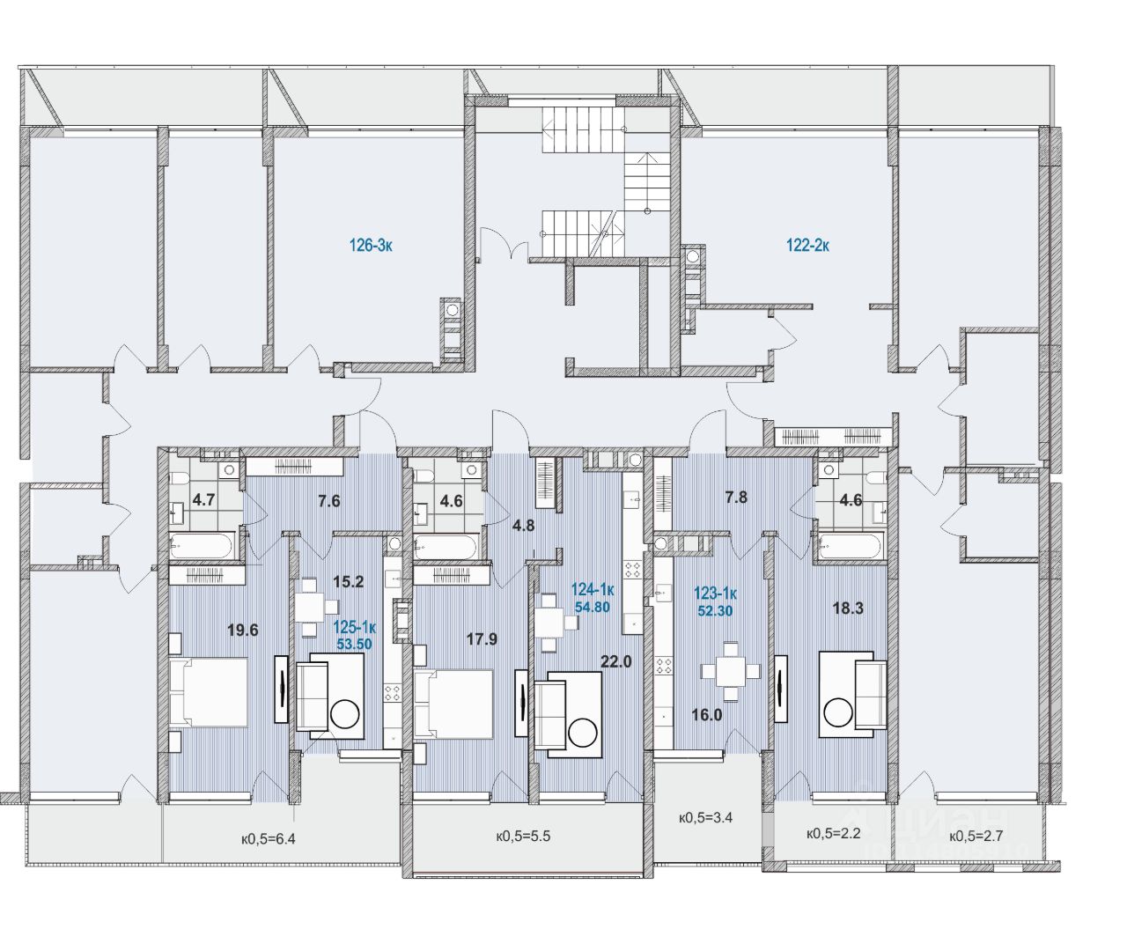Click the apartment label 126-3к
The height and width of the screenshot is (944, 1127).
[x=371, y=247]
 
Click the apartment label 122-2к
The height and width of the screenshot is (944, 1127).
[x=807, y=247]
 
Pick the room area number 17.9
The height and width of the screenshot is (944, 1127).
[x=482, y=639]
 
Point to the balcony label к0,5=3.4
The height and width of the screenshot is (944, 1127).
[x=706, y=817]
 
